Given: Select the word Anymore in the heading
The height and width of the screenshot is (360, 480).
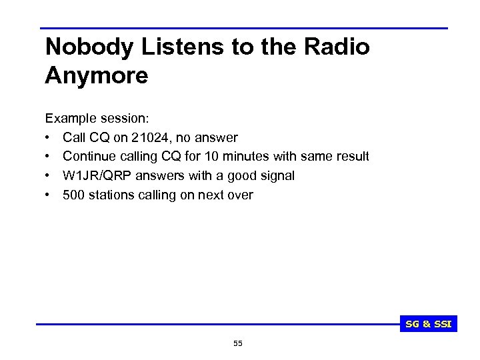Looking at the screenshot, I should point(97,75).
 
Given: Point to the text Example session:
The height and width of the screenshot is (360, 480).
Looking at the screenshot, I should point(97,118).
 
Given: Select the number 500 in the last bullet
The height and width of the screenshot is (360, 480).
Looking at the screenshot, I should point(73,195).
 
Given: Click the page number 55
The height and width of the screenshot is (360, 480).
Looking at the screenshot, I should point(238,343).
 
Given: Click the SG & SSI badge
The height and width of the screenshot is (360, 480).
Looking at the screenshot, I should point(429,324).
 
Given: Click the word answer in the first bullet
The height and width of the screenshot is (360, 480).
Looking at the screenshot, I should point(217,137).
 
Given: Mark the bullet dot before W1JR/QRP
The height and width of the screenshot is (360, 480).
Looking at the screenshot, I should point(49,176).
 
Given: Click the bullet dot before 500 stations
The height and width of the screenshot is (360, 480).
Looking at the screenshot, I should point(49,195).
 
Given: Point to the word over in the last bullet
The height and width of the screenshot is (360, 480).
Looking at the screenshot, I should point(240,195).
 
